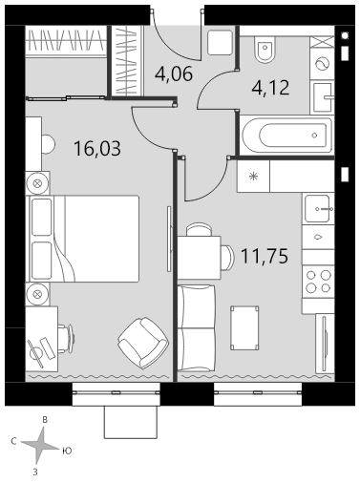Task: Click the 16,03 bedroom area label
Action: coord(97,149)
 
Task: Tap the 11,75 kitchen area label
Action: coord(265,256)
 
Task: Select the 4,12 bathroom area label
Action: coord(270,88)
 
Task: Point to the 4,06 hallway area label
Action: coord(174,73)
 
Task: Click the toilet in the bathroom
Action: coord(265,50)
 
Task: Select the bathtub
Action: coord(287,136)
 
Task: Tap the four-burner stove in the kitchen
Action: coord(318,282)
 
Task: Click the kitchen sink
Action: coord(318,209)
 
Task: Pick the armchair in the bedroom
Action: coord(143,343)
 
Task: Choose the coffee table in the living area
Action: coord(244,328)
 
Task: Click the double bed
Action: coord(84,239)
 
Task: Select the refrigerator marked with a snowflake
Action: coord(253,176)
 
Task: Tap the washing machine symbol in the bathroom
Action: coord(322,64)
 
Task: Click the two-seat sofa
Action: coord(197,328)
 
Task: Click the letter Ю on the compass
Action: coord(67,451)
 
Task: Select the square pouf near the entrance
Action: coord(220,43)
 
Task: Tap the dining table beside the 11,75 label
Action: coord(200,258)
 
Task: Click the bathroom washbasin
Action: coord(323,97)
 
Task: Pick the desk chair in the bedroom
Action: coord(66,338)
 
